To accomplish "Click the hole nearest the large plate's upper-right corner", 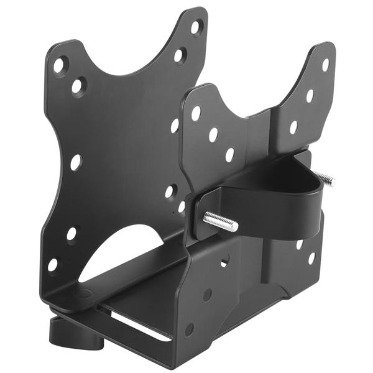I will tap(196, 27).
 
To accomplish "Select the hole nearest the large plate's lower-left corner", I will tap(53, 264).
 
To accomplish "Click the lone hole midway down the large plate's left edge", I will tap(75, 163).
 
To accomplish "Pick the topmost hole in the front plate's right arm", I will tap(325, 65).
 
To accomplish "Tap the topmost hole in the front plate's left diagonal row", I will tap(196, 114).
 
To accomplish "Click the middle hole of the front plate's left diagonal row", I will tap(213, 134).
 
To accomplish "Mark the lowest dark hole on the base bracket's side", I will tap(189, 329).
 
